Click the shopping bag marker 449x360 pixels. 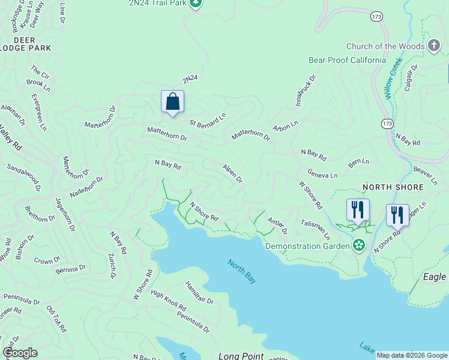[172, 102]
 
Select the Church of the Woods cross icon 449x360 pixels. [434, 46]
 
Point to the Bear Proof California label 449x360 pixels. [347, 60]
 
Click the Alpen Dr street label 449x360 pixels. [232, 173]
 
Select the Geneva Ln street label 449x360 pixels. [322, 173]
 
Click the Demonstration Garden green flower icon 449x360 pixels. [359, 245]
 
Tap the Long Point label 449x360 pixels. [241, 356]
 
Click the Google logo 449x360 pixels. [20, 353]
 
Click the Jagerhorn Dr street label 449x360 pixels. [65, 214]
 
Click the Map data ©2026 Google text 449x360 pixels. [412, 355]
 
